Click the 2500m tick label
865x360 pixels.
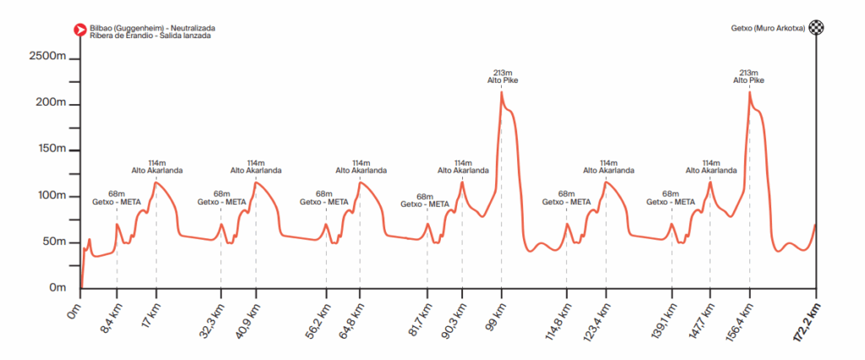coord(48,57)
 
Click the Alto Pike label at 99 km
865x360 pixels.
coord(502,80)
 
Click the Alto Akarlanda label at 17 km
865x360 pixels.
coord(156,170)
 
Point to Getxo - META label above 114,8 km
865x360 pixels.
coord(567,202)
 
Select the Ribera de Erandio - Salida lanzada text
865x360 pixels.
coord(150,35)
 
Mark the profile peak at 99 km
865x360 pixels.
coord(501,92)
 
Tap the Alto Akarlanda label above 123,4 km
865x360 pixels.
coord(607,170)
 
